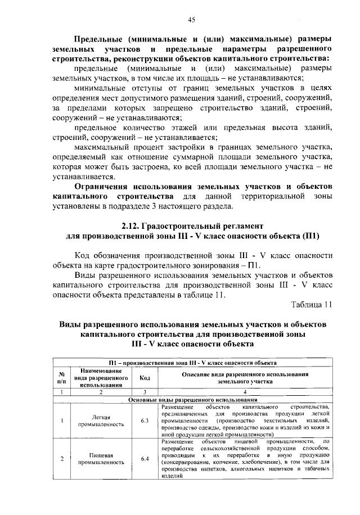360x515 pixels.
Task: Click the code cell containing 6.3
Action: (x=145, y=420)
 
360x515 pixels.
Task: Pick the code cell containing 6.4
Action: (x=145, y=459)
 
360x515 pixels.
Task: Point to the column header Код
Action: (x=145, y=377)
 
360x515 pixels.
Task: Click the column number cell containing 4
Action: (x=245, y=391)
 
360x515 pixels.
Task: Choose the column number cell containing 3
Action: (x=145, y=391)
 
